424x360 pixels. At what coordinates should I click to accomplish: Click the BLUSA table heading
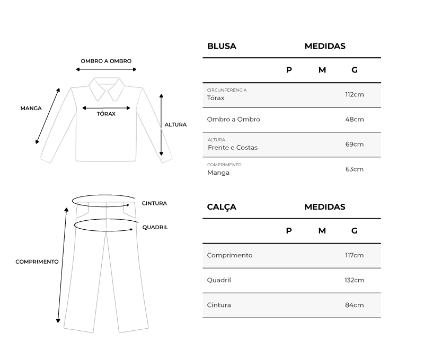coord(222,46)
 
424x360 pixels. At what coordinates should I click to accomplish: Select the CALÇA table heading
coord(222,207)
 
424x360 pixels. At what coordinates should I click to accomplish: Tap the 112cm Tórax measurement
coord(354,94)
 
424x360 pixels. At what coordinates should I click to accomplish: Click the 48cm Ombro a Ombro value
coord(354,119)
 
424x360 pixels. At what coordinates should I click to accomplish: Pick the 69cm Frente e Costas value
coord(354,144)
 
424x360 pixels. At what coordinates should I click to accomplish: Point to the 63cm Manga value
coord(354,169)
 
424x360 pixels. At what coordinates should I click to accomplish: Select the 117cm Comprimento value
coord(354,255)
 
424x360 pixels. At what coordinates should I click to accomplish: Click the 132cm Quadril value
coord(354,280)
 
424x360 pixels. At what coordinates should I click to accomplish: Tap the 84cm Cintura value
coord(354,305)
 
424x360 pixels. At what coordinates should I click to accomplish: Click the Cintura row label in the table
coord(219,305)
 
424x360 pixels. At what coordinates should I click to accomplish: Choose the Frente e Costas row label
coord(233,147)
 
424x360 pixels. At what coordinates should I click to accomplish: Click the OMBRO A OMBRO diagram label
coord(106,61)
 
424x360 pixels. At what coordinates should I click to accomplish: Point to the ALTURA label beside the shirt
coord(175,125)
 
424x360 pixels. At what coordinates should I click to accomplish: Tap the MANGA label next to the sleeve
coord(31,108)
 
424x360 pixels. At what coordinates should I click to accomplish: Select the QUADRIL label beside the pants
coord(155,227)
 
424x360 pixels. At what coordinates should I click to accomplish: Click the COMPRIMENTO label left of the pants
coord(37,262)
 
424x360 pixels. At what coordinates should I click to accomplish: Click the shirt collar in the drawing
coord(107,88)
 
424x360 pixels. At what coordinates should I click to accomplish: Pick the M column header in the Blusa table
coord(322,70)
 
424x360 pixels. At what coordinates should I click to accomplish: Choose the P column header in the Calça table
coord(289,230)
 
